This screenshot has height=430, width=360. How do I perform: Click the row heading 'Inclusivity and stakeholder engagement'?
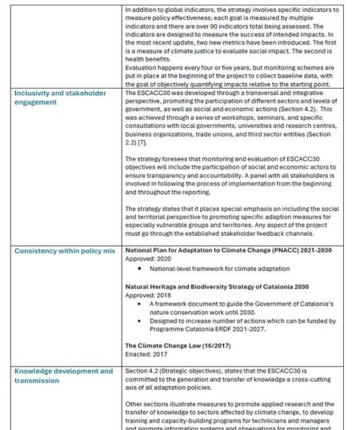(x=60, y=98)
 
